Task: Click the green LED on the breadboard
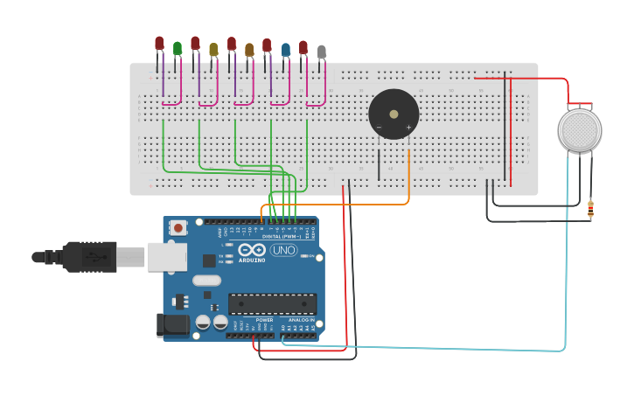(178, 48)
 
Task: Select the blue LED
(286, 49)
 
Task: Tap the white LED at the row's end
(322, 52)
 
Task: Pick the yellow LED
(213, 49)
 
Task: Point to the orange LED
(249, 49)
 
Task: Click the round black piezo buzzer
(394, 115)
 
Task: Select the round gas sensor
(580, 129)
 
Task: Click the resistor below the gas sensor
(590, 209)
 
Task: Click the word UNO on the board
(283, 250)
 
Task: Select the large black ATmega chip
(273, 303)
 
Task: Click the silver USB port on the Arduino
(166, 256)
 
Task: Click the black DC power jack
(174, 325)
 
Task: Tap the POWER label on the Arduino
(264, 320)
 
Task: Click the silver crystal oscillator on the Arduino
(206, 281)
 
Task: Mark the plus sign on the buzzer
(408, 128)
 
